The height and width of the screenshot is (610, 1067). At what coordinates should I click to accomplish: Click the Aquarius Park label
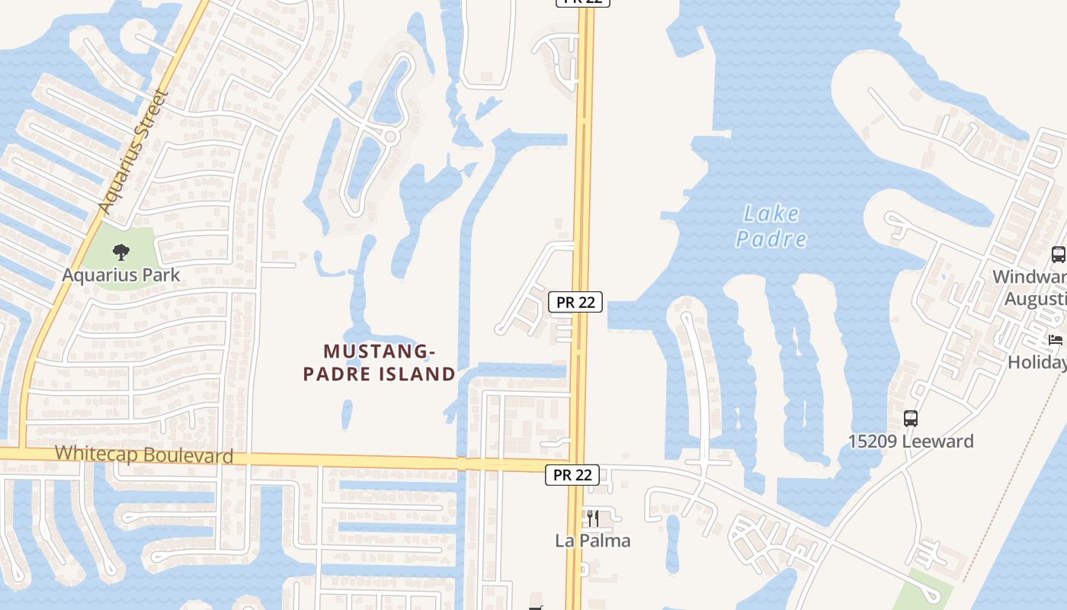[x=121, y=274]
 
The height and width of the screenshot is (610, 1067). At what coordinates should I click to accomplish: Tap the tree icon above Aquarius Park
[x=120, y=252]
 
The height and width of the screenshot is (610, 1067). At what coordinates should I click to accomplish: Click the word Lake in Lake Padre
[x=771, y=213]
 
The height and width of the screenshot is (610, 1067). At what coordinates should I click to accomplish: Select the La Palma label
[x=592, y=541]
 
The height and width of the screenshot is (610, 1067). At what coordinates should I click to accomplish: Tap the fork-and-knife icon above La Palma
[x=592, y=518]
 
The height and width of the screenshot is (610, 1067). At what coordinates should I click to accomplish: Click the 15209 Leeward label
[x=911, y=441]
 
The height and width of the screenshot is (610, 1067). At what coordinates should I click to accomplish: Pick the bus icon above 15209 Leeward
[x=911, y=418]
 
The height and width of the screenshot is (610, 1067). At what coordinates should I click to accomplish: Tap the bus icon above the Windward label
[x=1058, y=255]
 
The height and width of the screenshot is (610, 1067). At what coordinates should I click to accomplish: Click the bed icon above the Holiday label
[x=1056, y=339]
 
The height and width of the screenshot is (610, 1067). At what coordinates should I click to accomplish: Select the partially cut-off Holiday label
[x=1037, y=362]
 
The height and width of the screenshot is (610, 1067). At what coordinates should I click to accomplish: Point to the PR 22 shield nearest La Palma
[x=572, y=475]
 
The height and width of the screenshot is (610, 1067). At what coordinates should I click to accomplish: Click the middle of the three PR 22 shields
[x=575, y=302]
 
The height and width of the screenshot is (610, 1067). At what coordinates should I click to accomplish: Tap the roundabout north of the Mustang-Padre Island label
[x=390, y=136]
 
